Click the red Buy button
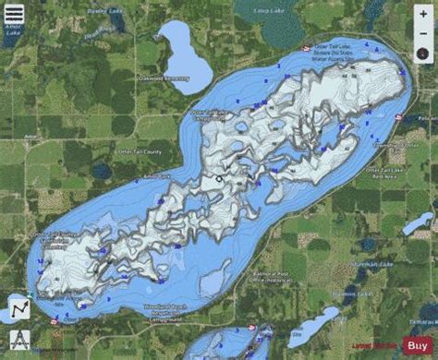(x=418, y=345)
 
